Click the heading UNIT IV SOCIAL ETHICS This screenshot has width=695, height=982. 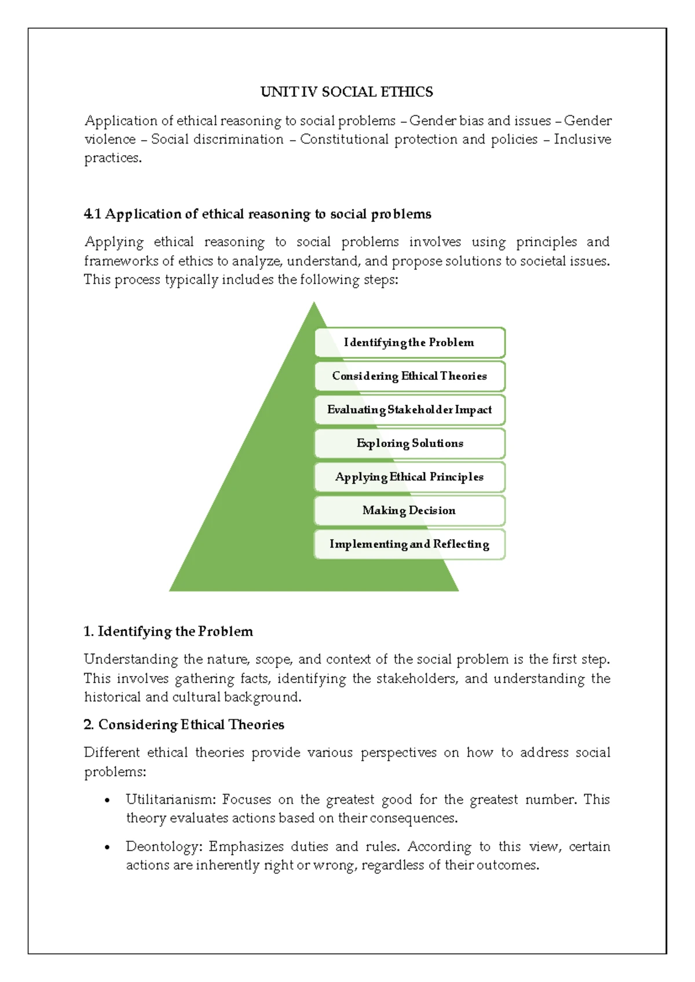346,92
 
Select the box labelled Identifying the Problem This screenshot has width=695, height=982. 409,342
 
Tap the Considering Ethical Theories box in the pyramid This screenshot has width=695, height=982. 409,376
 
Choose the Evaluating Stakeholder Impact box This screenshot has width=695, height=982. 409,409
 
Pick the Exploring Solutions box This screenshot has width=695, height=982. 409,443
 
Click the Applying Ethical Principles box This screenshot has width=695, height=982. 409,477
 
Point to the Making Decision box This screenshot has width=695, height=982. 409,510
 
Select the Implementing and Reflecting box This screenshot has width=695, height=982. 409,544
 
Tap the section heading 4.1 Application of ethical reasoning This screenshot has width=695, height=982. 257,214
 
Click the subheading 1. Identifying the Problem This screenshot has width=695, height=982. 168,631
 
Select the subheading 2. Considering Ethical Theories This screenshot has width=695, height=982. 184,724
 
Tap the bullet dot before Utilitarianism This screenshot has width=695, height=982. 107,801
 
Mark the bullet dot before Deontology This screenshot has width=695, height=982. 107,848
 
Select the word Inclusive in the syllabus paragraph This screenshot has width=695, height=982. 582,140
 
